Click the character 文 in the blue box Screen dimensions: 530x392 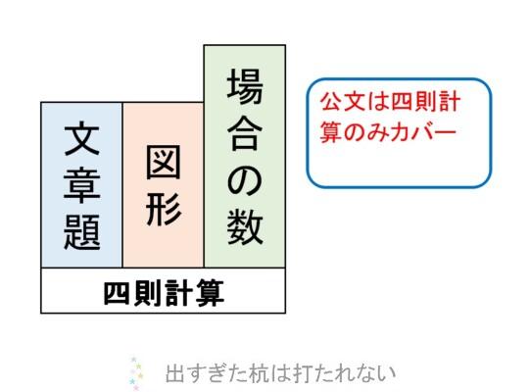coord(81,139)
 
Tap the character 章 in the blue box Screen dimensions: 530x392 coord(81,185)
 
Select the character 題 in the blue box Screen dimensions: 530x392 coord(81,232)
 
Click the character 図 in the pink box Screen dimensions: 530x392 coord(164,162)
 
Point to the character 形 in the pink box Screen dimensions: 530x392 coord(164,209)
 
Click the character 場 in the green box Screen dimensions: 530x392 coord(245,86)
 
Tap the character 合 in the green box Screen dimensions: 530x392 coord(245,133)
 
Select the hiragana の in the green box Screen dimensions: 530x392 coord(245,180)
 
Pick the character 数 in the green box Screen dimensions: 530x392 coord(245,226)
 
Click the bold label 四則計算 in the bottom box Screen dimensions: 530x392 coord(164,292)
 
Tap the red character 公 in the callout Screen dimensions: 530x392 coord(332,102)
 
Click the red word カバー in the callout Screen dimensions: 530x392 coord(421,132)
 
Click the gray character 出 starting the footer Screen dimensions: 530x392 coord(175,373)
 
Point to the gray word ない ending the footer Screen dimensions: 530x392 coord(378,373)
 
